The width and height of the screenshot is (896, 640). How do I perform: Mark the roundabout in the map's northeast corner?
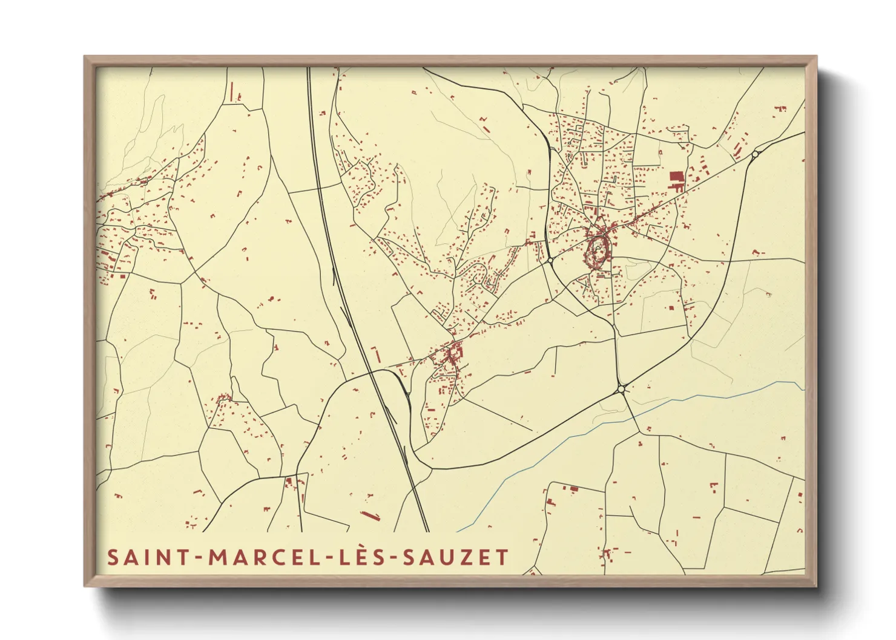click(x=754, y=155)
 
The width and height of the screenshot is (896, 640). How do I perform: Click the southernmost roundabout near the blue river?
click(x=622, y=389)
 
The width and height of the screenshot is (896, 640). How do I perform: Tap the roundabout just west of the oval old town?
click(x=551, y=261)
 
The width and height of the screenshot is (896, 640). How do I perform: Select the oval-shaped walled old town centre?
click(x=598, y=250)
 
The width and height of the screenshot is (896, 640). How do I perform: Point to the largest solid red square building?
click(x=676, y=177)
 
